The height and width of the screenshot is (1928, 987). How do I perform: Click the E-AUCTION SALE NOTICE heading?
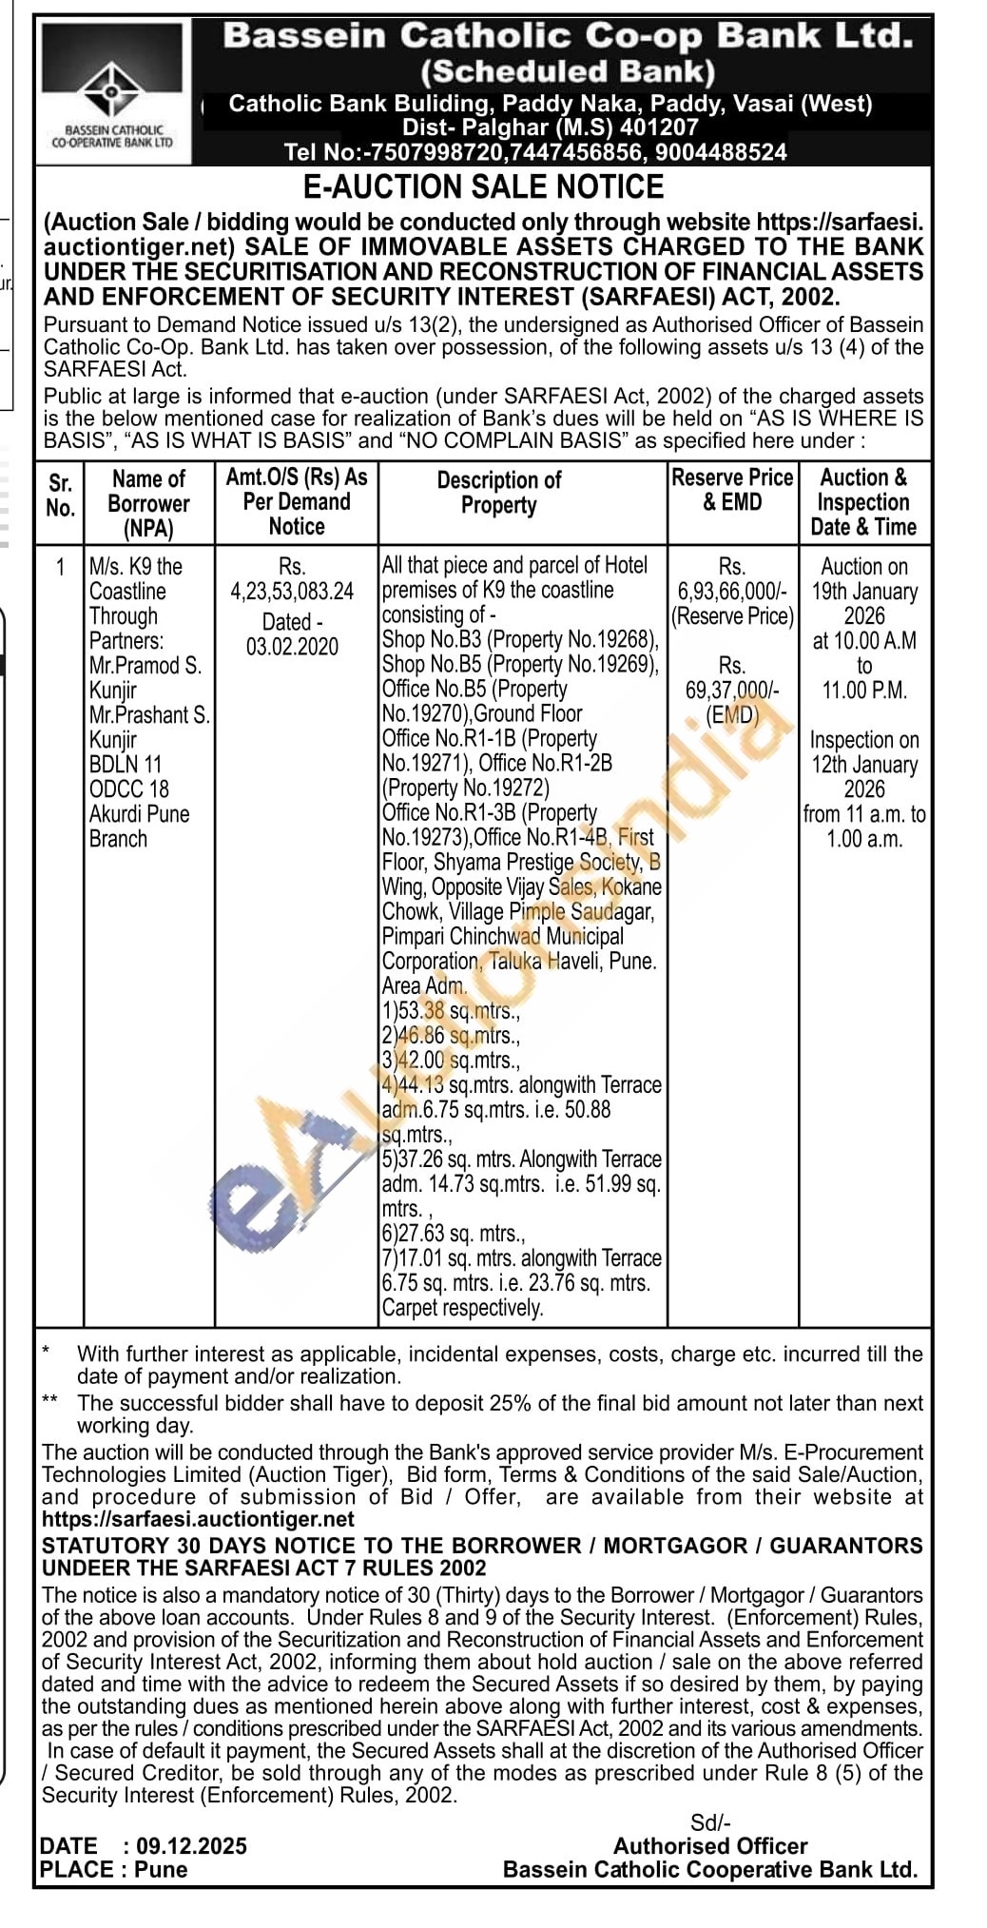coord(483,186)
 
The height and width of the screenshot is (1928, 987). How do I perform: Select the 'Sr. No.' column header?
coord(60,496)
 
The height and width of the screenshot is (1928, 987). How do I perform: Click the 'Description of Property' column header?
coord(498,493)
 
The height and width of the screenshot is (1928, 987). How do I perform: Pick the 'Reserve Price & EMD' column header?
coord(732,490)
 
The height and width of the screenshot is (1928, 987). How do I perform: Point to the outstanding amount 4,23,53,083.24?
coord(292,592)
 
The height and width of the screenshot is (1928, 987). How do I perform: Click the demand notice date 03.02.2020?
coord(292,647)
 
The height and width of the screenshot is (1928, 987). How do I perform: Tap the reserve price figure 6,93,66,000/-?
coord(731,592)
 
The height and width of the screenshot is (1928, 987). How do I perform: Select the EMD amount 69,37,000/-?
coord(732,691)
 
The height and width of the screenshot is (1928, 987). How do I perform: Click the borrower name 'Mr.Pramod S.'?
coord(145,666)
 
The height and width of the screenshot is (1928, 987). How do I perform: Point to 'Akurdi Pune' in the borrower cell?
coord(139,814)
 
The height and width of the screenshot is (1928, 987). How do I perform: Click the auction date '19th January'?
coord(864,592)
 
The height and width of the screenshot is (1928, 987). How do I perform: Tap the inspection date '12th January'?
coord(863,765)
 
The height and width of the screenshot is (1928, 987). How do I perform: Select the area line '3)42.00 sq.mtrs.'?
coord(451,1061)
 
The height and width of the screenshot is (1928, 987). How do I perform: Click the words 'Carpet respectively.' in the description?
coord(462,1308)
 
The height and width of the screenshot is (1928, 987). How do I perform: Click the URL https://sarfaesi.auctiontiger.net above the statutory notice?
coord(198,1519)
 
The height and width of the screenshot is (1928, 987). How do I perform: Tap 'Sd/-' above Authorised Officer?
coord(710,1822)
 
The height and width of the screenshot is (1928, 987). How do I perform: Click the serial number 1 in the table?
coord(61,568)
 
